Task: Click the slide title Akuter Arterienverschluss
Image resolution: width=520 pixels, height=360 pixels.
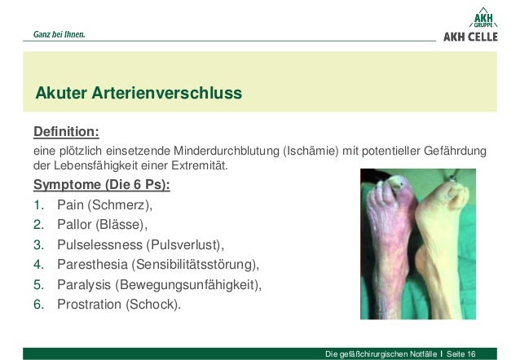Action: point(138,93)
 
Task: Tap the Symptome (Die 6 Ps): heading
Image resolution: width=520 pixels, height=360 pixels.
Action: point(107,184)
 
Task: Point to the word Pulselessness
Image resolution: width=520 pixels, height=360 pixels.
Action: point(99,244)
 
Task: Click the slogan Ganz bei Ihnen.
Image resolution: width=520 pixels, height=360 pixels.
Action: point(59,35)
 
